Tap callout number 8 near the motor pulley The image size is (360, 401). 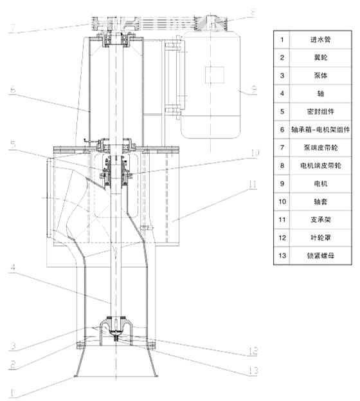tap(253, 12)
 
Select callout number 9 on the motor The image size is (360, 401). tap(254, 90)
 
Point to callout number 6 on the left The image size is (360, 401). tap(13, 90)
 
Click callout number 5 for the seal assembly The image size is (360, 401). tap(13, 144)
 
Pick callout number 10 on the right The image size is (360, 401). tap(255, 153)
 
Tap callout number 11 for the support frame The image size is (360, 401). tap(253, 184)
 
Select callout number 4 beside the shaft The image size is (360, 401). tap(13, 268)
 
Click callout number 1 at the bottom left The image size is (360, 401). tap(12, 392)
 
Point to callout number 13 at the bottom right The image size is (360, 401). tap(253, 371)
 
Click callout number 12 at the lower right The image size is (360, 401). tap(253, 351)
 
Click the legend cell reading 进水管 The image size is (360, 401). tap(320, 40)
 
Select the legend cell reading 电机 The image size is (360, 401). tap(320, 183)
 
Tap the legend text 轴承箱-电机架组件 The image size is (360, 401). tap(320, 129)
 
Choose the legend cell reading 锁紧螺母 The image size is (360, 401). tap(320, 256)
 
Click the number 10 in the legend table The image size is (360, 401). tap(282, 201)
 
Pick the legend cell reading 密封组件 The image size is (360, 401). tap(320, 111)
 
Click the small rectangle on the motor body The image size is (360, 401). tap(215, 75)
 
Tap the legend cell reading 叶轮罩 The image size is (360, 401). tap(320, 238)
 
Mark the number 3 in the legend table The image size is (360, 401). tap(282, 75)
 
